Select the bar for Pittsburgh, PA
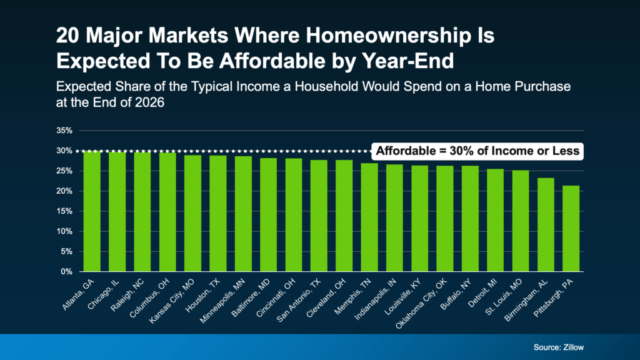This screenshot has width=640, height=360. coord(571,229)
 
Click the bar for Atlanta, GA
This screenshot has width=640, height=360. coord(92,211)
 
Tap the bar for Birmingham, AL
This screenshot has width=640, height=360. coord(546,225)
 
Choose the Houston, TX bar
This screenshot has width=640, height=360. coord(218,214)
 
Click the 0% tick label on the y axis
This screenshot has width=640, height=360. coord(67,272)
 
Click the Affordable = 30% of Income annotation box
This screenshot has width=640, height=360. coord(477,151)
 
